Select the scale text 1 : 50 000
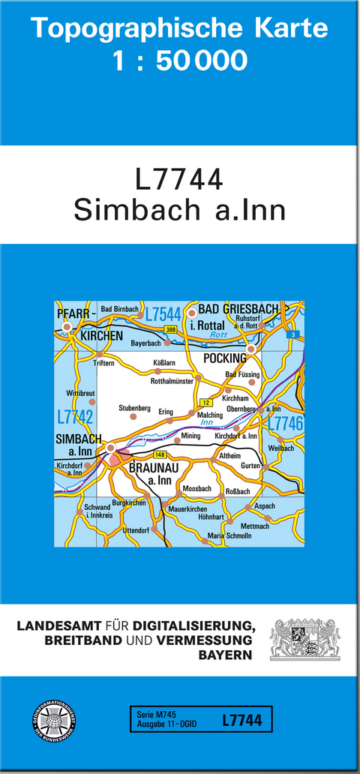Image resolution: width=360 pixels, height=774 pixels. point(180,60)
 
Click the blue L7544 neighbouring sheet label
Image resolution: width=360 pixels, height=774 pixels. point(163,314)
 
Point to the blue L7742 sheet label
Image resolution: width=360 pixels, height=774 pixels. point(74,416)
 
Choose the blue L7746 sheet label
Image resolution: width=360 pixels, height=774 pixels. point(285,423)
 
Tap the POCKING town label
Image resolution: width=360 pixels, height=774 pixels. point(224,358)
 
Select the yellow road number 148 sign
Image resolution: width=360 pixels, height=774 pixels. point(159,454)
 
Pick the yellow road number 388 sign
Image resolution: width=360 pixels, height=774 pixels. point(171,330)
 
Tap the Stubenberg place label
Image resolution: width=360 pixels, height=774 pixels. point(135,408)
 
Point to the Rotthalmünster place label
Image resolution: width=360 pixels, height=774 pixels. point(172,381)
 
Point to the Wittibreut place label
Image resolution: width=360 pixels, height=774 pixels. point(81,392)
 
